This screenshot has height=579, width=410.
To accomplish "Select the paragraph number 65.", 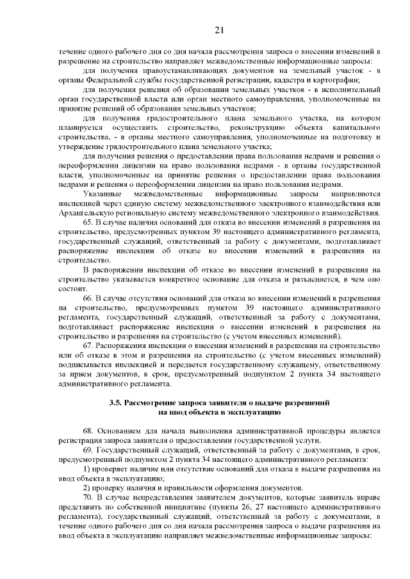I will (89, 222).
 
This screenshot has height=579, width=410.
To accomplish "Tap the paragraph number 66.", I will (89, 299).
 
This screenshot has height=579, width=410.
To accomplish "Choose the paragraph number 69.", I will (89, 450).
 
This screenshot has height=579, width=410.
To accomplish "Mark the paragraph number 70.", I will (89, 496).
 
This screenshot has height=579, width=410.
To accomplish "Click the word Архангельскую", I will (86, 212).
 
